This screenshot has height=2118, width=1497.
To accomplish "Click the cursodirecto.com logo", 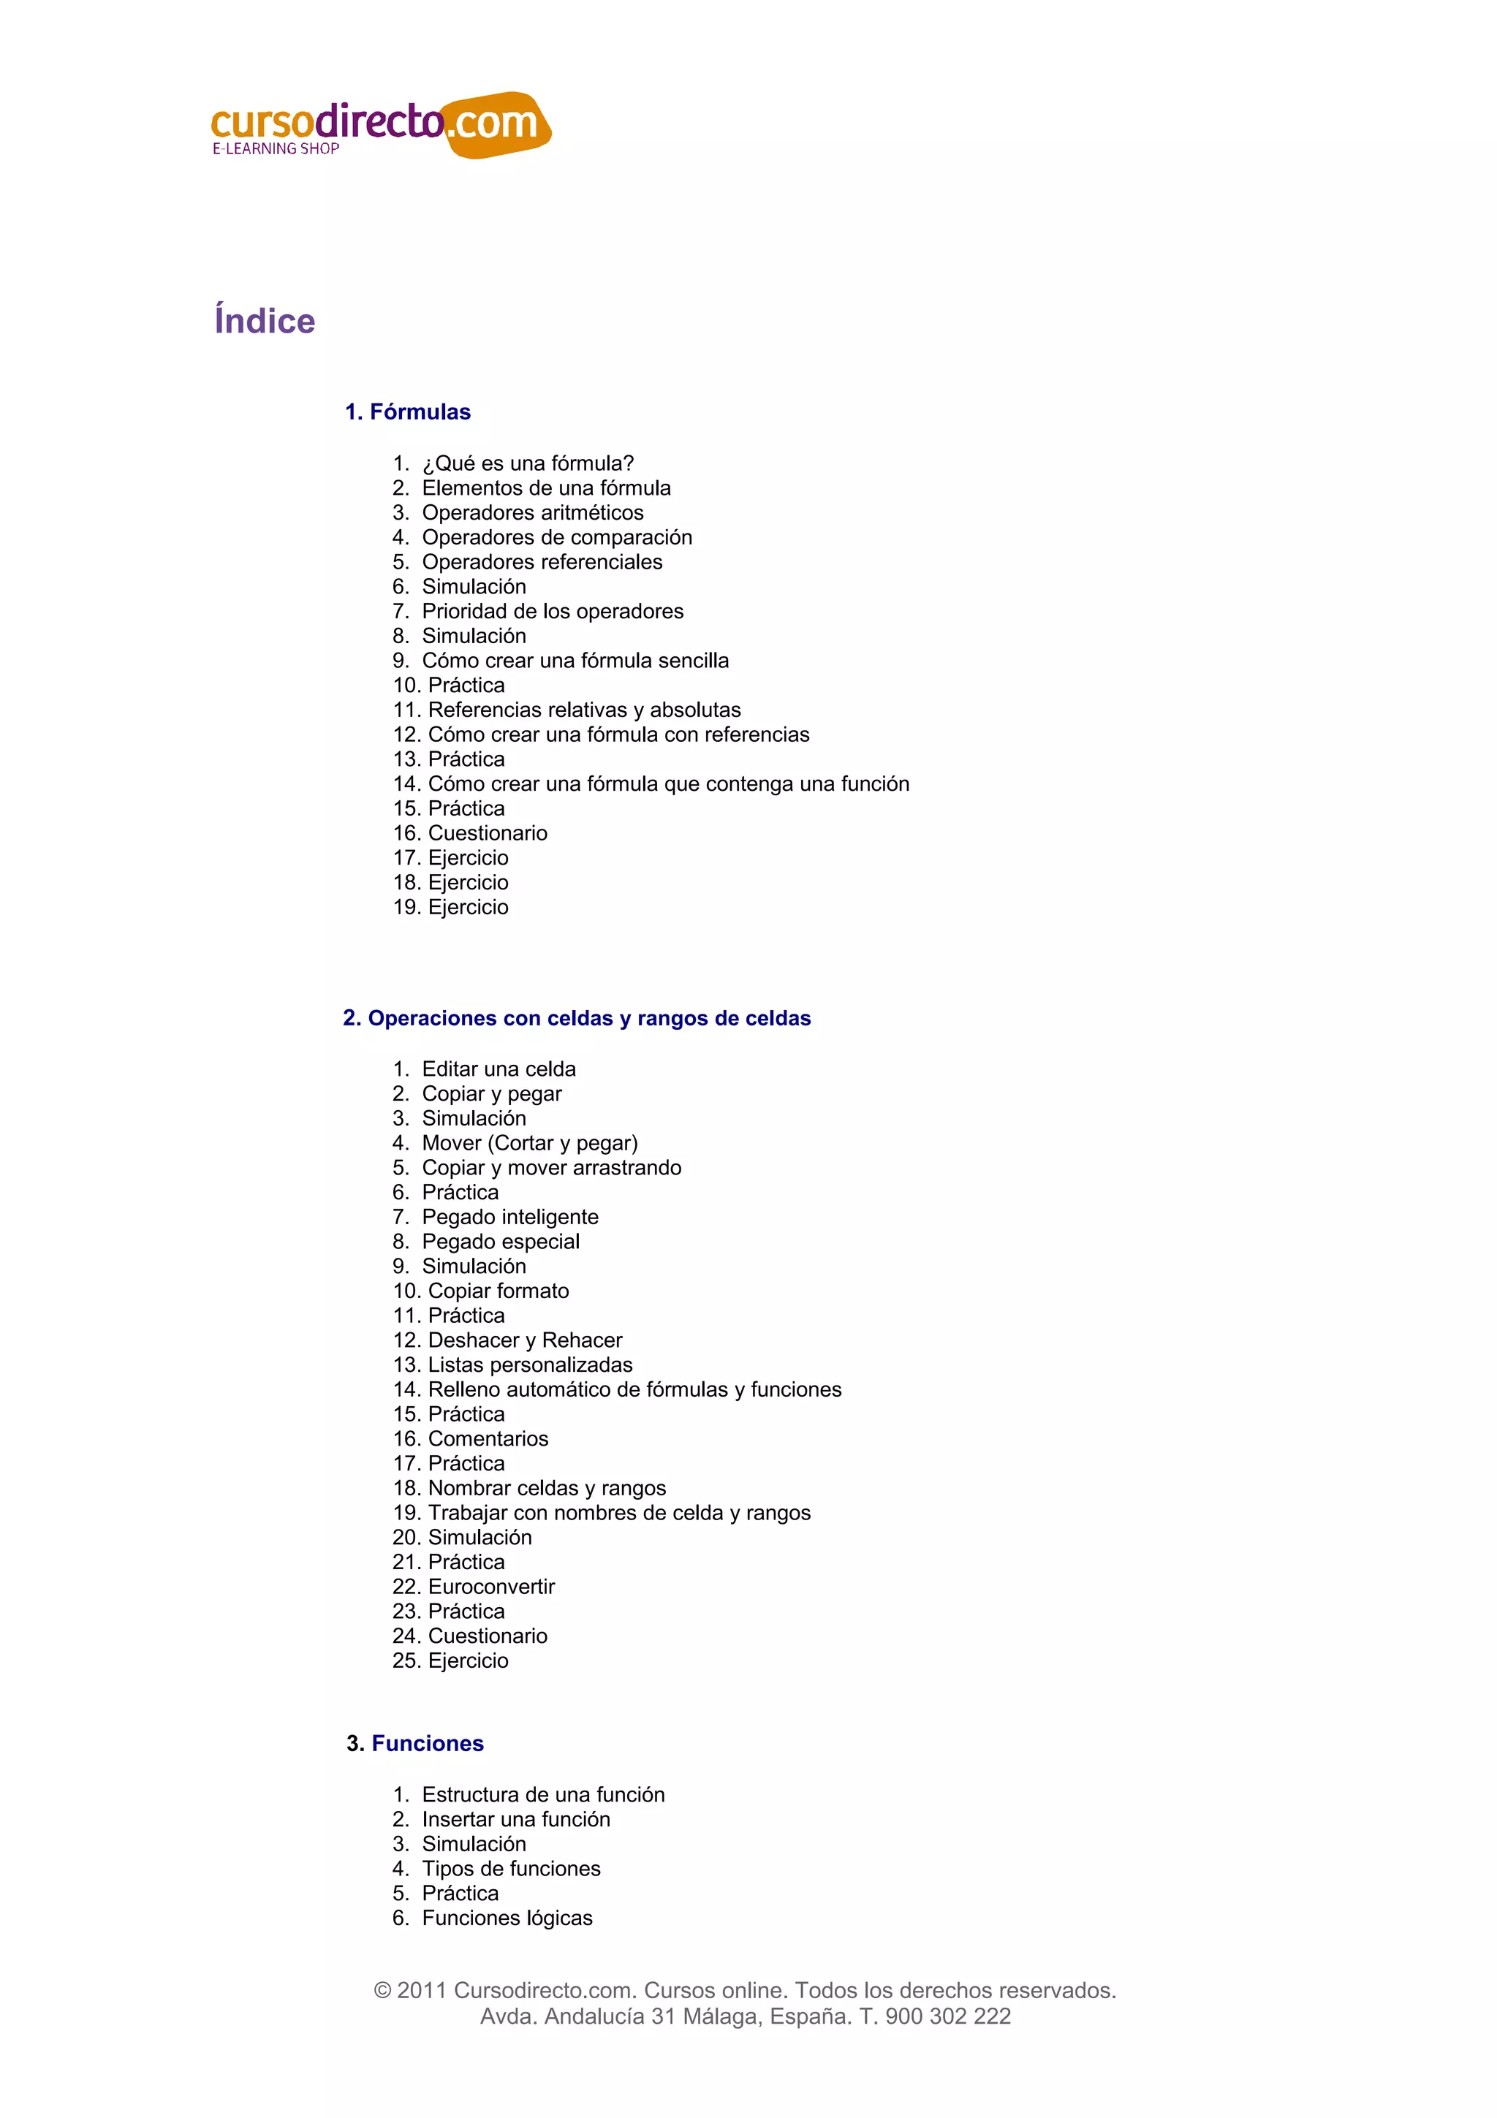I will [380, 124].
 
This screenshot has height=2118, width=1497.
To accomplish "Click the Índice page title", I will [265, 321].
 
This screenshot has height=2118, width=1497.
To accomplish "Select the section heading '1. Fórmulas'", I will [408, 412].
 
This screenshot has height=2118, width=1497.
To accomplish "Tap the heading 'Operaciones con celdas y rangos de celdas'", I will [588, 1018].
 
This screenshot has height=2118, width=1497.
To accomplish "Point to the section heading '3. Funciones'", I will [415, 1744].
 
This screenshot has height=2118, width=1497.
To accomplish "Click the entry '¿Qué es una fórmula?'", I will [528, 463].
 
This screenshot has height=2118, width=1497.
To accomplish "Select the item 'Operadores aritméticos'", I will [532, 513].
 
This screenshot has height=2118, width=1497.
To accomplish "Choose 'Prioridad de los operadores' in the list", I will [553, 612].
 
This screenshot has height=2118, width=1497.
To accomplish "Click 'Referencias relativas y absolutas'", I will [584, 710].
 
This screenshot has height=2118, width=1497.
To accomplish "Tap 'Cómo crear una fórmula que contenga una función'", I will [669, 784].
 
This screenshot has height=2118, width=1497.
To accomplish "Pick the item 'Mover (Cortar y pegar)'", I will [529, 1143].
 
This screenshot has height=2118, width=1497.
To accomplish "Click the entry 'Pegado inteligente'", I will [510, 1217].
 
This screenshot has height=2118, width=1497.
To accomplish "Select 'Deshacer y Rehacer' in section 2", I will [525, 1340].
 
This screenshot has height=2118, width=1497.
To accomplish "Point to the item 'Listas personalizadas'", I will [531, 1365].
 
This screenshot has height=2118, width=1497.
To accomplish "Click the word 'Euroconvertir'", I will [492, 1587].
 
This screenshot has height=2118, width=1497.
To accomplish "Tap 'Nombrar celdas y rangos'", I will [547, 1488].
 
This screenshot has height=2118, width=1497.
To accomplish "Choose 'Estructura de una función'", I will [543, 1794].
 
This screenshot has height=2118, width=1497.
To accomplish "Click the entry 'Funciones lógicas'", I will [507, 1918].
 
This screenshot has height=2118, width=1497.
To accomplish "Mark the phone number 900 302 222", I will [947, 2016].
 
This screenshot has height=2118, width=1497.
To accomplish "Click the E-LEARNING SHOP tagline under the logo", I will [276, 148].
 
